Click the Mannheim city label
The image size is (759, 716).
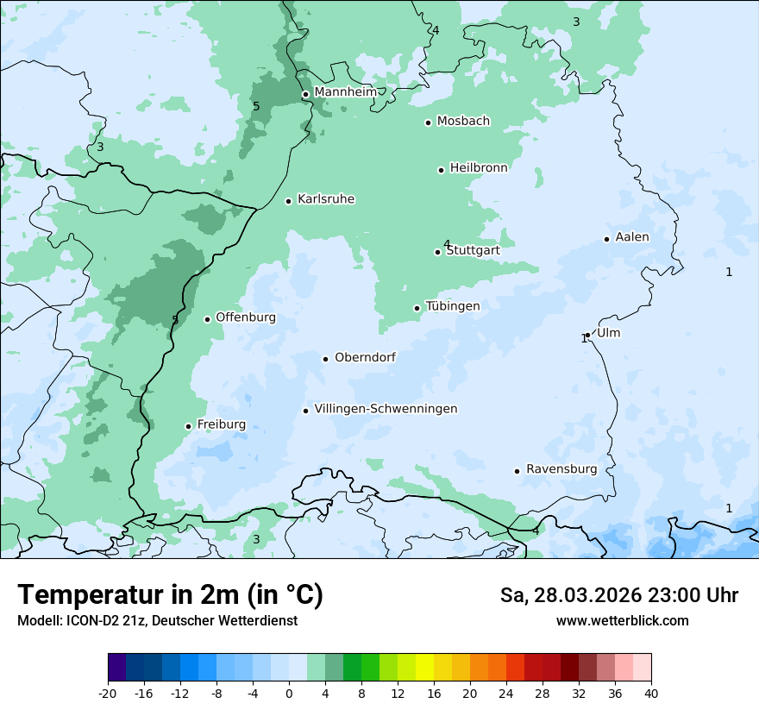[x=346, y=92]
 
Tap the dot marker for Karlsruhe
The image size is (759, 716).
[x=289, y=201]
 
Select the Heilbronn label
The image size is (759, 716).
[x=479, y=168]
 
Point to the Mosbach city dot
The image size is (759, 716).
[x=428, y=122]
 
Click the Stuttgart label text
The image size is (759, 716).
[x=473, y=251]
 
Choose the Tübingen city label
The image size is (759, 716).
[x=453, y=306]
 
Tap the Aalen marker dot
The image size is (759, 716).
[x=607, y=239]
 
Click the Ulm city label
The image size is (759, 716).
[x=608, y=333]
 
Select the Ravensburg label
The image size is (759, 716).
[x=561, y=469]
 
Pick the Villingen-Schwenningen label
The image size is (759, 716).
[x=386, y=409]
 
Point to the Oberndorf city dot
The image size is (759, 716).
[x=326, y=359]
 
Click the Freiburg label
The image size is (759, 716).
[x=221, y=424]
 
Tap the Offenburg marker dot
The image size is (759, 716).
[x=208, y=319]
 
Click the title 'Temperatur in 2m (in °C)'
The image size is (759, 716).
[x=170, y=595]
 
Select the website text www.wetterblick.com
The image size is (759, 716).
[x=622, y=621]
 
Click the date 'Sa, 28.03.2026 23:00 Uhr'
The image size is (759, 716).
[x=618, y=595]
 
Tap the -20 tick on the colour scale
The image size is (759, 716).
[x=108, y=693]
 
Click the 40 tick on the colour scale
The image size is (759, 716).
[x=650, y=693]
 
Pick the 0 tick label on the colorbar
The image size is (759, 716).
[x=289, y=693]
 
